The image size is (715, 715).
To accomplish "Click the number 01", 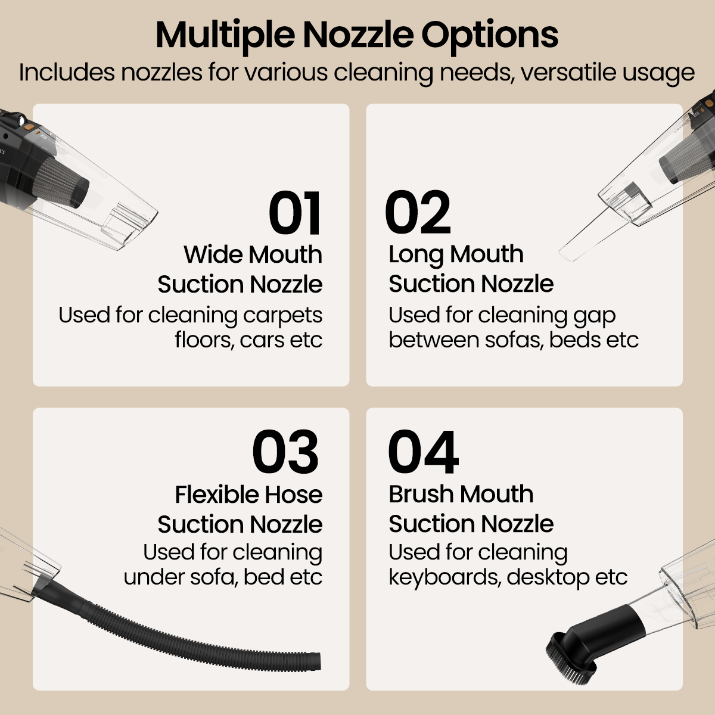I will coord(295,213).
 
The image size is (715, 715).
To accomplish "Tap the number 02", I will coord(418,213).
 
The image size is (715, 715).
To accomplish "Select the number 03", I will coord(285,452).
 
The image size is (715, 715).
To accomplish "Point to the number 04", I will coord(423,452).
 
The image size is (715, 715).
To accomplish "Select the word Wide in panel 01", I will coord(211,254).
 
